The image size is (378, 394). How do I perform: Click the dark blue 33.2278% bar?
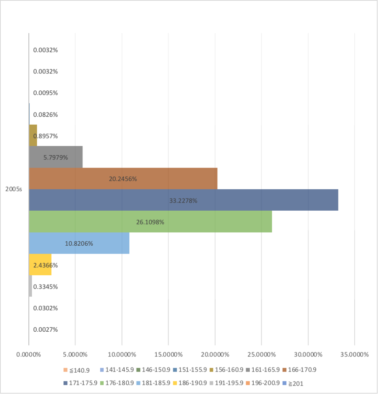click(x=183, y=200)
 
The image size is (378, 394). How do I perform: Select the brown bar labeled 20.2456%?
click(x=123, y=179)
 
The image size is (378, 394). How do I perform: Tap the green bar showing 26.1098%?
click(x=150, y=222)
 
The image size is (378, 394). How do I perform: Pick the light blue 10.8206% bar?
click(x=79, y=243)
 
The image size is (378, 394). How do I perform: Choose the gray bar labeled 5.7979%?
click(x=56, y=157)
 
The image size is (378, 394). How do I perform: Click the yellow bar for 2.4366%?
click(x=40, y=265)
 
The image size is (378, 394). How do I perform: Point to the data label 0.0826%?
click(x=45, y=114)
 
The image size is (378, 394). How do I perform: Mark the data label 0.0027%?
click(x=45, y=329)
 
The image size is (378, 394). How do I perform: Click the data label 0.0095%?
click(x=45, y=93)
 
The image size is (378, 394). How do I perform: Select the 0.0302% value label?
click(x=45, y=308)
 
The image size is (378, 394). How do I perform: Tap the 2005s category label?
click(x=13, y=189)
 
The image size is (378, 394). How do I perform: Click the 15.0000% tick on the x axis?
click(x=168, y=354)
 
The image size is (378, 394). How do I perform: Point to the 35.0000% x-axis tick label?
click(x=354, y=354)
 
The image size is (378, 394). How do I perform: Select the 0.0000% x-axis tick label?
click(x=28, y=354)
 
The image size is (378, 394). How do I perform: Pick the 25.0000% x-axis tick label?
click(x=261, y=354)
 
